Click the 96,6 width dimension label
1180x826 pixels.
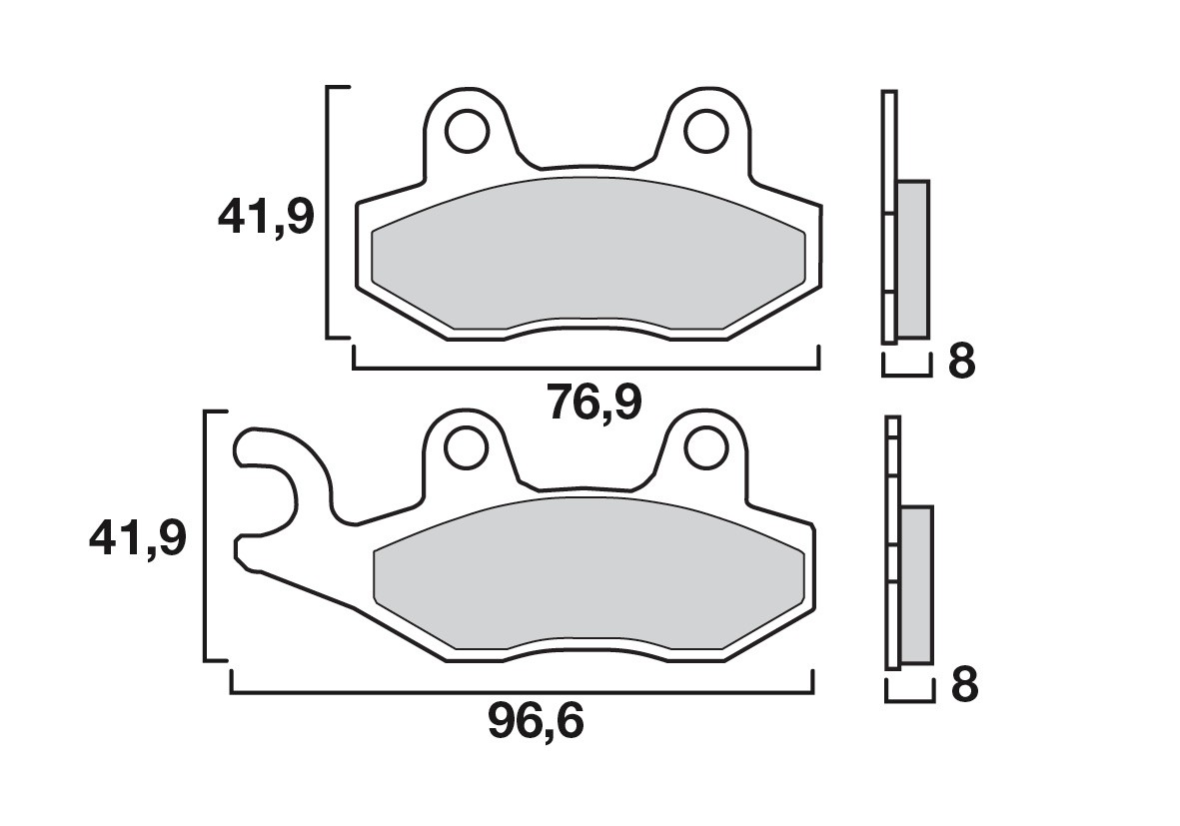535,722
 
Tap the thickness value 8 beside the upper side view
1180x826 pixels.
960,362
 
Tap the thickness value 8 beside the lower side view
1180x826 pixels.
963,686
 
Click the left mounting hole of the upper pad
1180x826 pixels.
465,130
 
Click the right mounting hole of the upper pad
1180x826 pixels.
706,130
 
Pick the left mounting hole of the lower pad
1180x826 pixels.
465,448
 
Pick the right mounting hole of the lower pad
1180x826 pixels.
706,448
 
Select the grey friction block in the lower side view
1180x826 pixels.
916,584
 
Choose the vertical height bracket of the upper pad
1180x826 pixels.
330,212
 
